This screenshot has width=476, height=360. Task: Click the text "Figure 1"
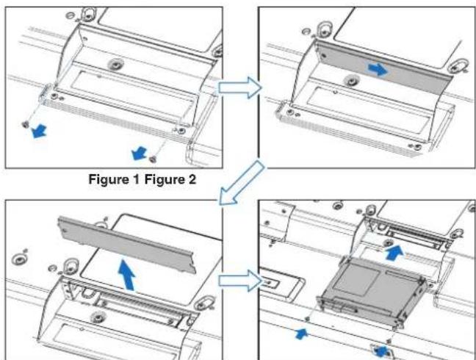coord(114,179)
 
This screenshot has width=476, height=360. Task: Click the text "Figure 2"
coord(170,179)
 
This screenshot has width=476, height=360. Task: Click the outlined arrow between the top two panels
coord(240,87)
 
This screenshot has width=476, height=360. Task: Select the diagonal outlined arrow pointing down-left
coord(242,182)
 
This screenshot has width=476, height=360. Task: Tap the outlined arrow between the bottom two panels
coord(240,281)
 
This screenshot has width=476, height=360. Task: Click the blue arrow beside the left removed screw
coord(40,131)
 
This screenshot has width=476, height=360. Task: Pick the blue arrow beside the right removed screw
coord(140,153)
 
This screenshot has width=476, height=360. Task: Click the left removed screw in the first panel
coord(26,124)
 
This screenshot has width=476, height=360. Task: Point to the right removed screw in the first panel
coord(153,159)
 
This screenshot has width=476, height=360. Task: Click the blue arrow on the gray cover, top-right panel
coord(378,70)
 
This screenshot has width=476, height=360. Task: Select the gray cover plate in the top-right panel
coord(383,68)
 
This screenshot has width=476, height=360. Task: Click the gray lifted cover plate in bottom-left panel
coord(127,245)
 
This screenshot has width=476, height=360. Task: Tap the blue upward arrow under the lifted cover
coord(127,275)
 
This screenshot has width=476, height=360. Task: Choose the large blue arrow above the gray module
coord(395,253)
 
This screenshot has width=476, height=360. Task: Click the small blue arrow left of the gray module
coord(302,334)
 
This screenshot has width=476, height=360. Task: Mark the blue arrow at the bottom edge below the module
coord(382,351)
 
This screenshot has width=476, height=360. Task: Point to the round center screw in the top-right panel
coord(352,81)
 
